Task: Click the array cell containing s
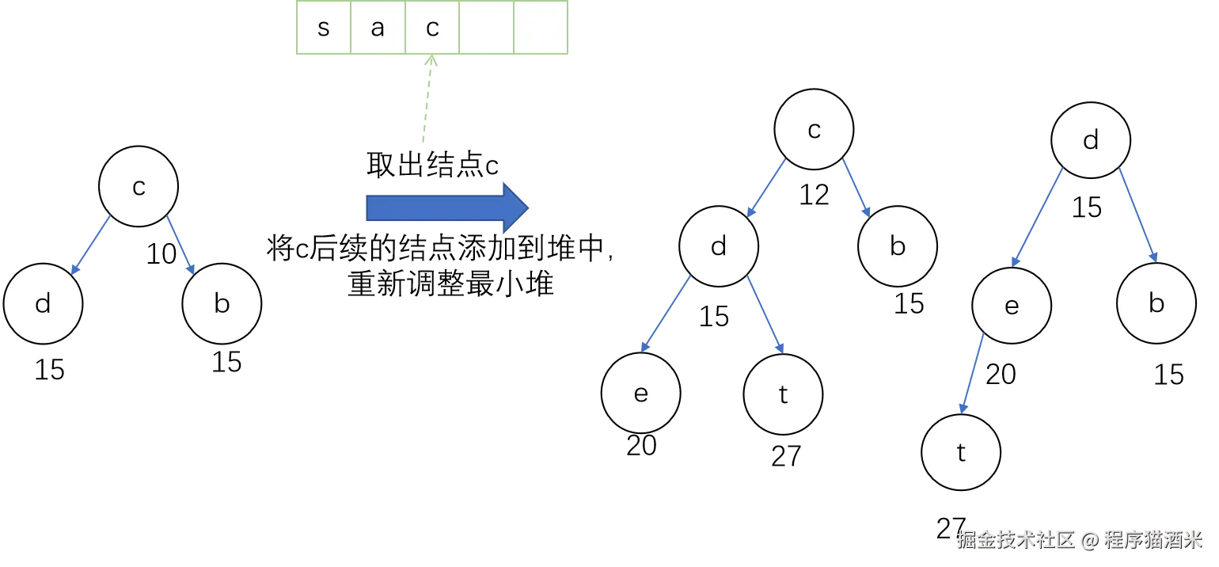(x=323, y=29)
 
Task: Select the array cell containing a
(x=378, y=29)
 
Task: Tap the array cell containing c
(x=432, y=29)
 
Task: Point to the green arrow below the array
(x=426, y=99)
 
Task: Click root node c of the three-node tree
(x=139, y=188)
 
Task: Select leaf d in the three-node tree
(x=43, y=304)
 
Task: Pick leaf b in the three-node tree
(x=222, y=304)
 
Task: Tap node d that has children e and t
(x=719, y=247)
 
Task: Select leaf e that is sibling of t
(x=641, y=394)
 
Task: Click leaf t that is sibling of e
(x=783, y=394)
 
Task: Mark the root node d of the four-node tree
(x=1091, y=141)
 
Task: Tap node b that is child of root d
(x=1156, y=303)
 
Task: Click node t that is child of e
(x=961, y=453)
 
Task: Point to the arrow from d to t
(x=765, y=315)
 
